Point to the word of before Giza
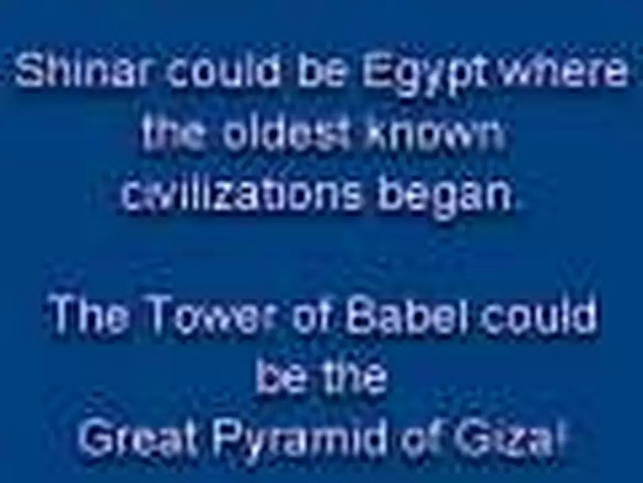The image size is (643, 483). (423, 440)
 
